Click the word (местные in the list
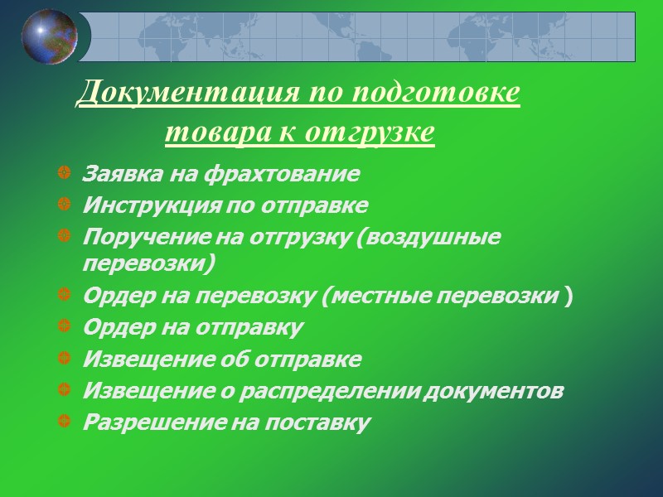click(370, 297)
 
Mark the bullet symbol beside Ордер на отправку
click(65, 328)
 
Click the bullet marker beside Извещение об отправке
click(65, 359)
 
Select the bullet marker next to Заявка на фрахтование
click(65, 175)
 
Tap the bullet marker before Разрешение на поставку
click(65, 422)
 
